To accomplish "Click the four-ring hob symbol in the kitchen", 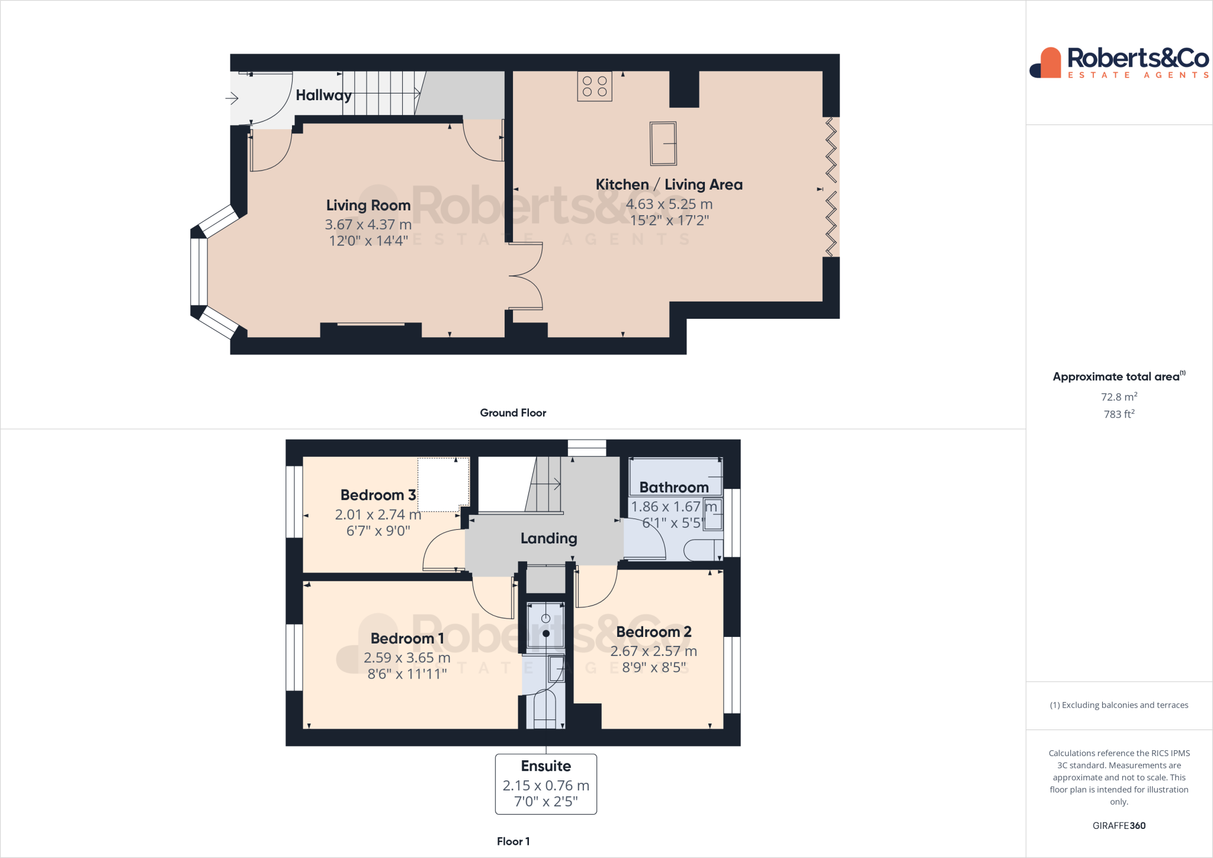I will click(x=595, y=87).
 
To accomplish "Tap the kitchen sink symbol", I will click(x=663, y=143).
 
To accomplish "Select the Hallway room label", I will click(x=323, y=95).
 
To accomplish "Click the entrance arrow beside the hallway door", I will click(x=232, y=98).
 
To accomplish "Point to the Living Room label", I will click(x=368, y=206).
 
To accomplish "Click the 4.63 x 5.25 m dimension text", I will click(x=669, y=204).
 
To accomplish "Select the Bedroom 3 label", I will click(x=378, y=495).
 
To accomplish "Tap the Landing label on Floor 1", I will click(x=548, y=539).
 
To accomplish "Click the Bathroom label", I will click(x=673, y=488).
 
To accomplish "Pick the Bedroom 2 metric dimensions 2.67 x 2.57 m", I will click(x=653, y=651).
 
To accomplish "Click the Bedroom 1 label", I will click(x=407, y=639).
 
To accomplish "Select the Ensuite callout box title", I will click(x=545, y=766).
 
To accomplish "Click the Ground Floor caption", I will click(x=513, y=413).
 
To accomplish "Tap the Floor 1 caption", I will click(x=513, y=841).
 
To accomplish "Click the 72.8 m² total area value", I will click(x=1118, y=397).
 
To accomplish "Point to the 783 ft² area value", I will click(x=1118, y=414).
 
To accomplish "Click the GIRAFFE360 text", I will click(x=1118, y=825).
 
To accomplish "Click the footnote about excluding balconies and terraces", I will click(x=1118, y=705).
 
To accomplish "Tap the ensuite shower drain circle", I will click(x=545, y=633).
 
